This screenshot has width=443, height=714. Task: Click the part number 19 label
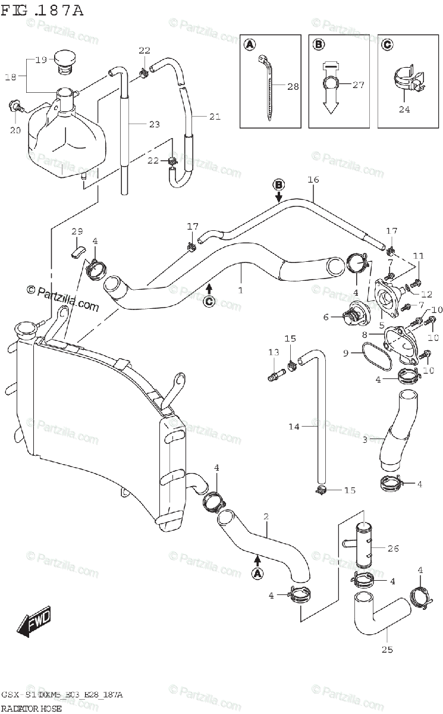pos(40,59)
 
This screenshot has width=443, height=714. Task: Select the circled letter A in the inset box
pos(250,44)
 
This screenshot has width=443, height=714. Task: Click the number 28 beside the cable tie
pos(293,86)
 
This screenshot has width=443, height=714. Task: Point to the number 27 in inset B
pos(357,84)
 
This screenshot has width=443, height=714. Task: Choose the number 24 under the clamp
pos(404,109)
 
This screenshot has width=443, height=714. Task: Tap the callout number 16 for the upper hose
pos(313,180)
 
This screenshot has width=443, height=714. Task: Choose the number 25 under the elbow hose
pos(387,649)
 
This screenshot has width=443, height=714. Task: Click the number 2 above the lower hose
pos(266,516)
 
